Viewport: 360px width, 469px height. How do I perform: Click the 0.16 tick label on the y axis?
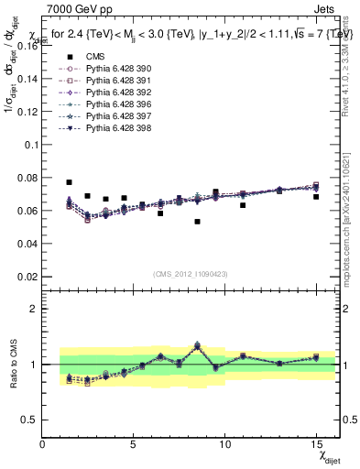[26, 46]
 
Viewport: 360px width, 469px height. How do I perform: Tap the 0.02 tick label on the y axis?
[26, 277]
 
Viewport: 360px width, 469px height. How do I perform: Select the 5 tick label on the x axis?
[134, 444]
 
